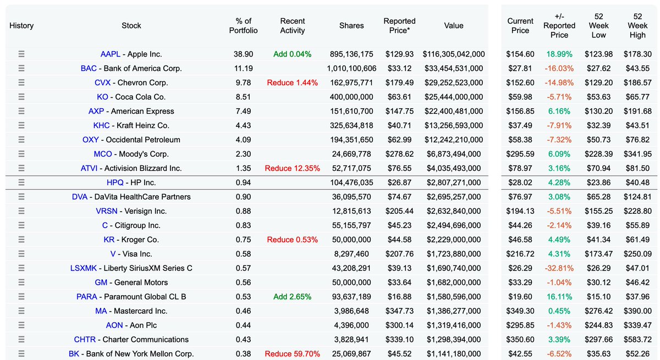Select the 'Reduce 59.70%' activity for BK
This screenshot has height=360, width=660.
tap(292, 354)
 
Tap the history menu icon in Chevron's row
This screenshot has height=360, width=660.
tap(21, 83)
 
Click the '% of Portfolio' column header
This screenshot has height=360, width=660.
tap(243, 26)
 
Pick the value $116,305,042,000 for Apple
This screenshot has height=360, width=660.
tap(454, 54)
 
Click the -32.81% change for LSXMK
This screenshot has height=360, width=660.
tap(559, 268)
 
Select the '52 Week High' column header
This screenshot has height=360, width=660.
tap(637, 26)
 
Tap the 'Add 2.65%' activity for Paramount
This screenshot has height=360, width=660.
tap(292, 297)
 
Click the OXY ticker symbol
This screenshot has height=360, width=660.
tap(91, 140)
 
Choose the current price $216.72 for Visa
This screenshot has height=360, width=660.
tap(520, 254)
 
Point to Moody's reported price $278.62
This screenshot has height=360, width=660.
tap(399, 154)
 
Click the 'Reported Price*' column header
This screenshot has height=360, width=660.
tap(399, 26)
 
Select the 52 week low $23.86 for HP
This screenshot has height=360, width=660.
tap(598, 182)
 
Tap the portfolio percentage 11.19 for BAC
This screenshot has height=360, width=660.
tap(243, 69)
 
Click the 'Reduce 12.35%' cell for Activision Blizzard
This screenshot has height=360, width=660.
tap(292, 169)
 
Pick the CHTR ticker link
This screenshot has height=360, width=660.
tap(85, 340)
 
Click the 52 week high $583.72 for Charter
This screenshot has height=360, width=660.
tap(637, 340)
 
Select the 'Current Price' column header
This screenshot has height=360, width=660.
tap(520, 26)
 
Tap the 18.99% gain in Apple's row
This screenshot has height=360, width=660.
tap(559, 54)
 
